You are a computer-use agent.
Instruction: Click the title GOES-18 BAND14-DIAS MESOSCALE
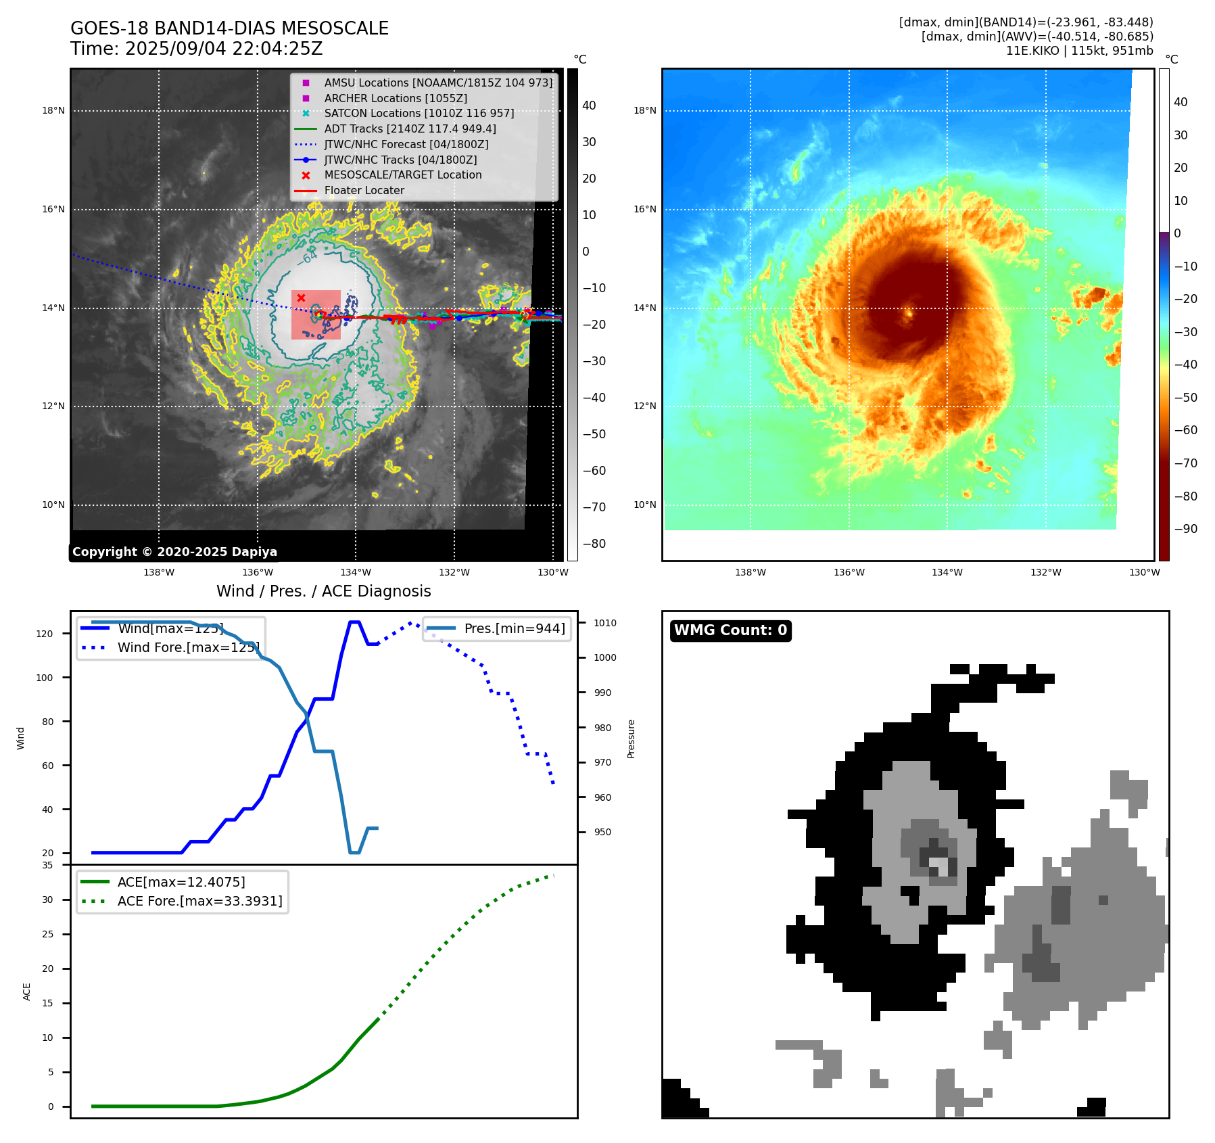tap(229, 28)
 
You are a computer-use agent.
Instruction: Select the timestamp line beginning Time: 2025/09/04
tap(196, 49)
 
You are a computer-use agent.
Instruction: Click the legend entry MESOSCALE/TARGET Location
tap(403, 174)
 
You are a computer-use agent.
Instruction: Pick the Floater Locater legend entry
tap(364, 190)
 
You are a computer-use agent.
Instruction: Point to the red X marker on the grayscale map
tap(301, 298)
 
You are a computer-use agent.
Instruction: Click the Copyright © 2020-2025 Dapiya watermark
tap(174, 552)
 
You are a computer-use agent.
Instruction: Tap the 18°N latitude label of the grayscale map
tap(53, 110)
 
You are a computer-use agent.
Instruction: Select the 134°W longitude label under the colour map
tap(947, 572)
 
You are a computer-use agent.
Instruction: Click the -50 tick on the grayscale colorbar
tap(594, 434)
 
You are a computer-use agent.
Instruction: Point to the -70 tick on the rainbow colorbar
tap(1185, 463)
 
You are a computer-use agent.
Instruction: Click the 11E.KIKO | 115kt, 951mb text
tap(1079, 51)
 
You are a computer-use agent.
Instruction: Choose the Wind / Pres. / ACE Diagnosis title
tap(323, 591)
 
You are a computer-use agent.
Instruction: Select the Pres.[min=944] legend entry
tap(514, 628)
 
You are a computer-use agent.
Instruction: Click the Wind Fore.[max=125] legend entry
tap(188, 647)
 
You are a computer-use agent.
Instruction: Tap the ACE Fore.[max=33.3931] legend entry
tap(199, 901)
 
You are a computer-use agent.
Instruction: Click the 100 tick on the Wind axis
tap(45, 678)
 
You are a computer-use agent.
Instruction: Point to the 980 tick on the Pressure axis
tap(602, 728)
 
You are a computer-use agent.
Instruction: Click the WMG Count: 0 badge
tap(730, 630)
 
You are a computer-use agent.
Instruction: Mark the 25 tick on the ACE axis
tap(47, 934)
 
